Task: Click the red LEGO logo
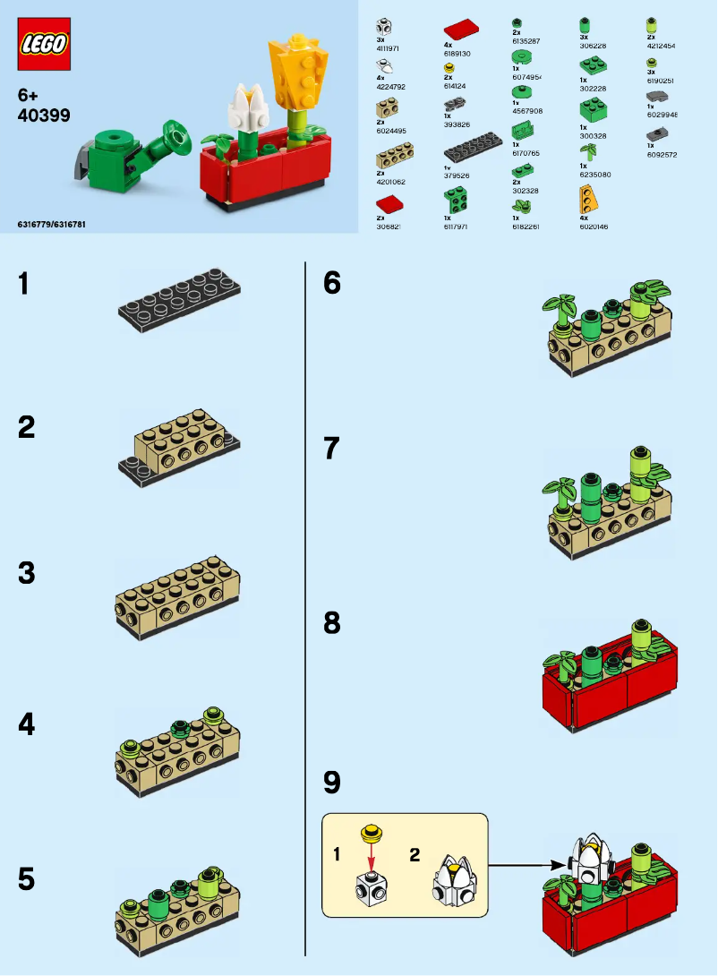click(44, 44)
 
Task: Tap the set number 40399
click(44, 116)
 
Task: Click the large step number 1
click(25, 284)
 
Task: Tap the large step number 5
click(26, 879)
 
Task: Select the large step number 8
click(332, 623)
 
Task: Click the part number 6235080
click(595, 175)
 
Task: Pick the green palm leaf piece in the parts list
click(588, 153)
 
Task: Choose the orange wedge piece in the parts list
click(587, 199)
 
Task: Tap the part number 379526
click(457, 175)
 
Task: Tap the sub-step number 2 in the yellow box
click(415, 854)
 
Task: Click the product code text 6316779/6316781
click(52, 222)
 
